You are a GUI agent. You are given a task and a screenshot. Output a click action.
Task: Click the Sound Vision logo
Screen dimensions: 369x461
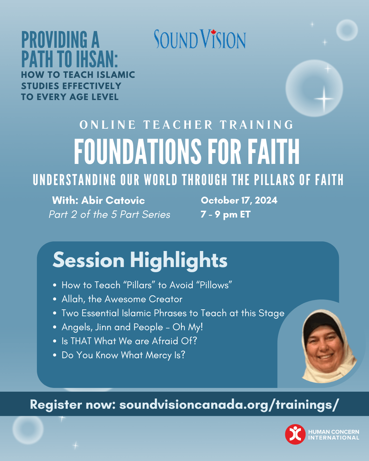coord(200,39)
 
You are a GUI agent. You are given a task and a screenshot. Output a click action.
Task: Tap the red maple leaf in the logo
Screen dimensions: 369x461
coord(213,32)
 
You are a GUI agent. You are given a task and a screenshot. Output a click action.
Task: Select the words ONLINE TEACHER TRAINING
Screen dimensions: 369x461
coord(186,125)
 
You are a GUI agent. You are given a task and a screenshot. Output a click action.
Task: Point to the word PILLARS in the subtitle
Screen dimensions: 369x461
coord(274,180)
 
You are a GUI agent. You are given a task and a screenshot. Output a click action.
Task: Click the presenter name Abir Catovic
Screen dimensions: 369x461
coord(113,200)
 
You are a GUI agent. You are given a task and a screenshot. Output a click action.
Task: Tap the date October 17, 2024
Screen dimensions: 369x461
coord(239,200)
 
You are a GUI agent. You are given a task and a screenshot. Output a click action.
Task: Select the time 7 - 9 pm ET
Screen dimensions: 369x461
coord(225,214)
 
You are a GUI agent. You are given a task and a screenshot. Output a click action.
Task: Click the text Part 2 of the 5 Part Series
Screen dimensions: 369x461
coord(110,214)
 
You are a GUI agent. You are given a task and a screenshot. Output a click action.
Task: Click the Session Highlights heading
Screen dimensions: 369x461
coord(140,260)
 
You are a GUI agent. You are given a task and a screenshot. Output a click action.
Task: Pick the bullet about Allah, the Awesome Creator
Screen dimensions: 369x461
coord(122,299)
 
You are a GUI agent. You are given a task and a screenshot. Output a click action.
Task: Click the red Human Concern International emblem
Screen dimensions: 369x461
coord(295,434)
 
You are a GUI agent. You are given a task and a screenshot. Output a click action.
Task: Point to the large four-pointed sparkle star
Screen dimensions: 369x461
coord(324,99)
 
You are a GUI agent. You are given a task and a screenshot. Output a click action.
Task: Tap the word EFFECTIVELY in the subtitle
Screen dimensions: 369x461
coord(92,86)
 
